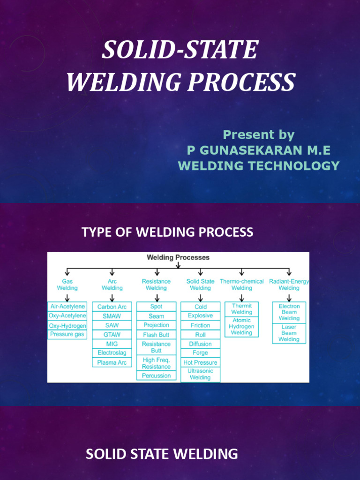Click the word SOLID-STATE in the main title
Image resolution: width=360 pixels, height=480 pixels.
pyautogui.click(x=180, y=50)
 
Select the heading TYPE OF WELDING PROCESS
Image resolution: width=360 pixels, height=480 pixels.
pyautogui.click(x=167, y=232)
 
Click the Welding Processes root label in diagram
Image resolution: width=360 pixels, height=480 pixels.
pyautogui.click(x=178, y=257)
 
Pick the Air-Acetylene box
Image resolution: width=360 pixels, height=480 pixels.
pyautogui.click(x=67, y=306)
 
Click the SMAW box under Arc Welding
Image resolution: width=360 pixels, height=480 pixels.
pyautogui.click(x=112, y=316)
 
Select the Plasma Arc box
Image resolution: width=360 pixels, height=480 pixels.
pyautogui.click(x=112, y=362)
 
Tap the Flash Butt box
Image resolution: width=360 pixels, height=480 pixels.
pyautogui.click(x=156, y=335)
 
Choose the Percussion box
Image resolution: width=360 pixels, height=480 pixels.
pyautogui.click(x=156, y=375)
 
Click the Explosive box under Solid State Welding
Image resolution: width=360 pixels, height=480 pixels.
pyautogui.click(x=200, y=315)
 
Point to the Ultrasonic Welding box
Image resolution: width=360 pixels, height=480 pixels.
pyautogui.click(x=200, y=374)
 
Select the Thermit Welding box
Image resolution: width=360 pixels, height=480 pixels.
pyautogui.click(x=241, y=308)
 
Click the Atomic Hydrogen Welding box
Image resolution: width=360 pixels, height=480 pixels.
pyautogui.click(x=241, y=326)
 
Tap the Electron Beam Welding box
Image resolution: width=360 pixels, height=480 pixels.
pyautogui.click(x=289, y=312)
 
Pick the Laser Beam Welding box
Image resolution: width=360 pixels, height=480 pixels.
pyautogui.click(x=289, y=333)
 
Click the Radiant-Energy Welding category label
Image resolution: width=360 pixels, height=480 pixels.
pyautogui.click(x=289, y=285)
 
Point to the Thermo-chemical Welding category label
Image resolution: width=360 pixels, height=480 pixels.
pyautogui.click(x=241, y=285)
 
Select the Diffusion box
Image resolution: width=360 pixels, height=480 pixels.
pyautogui.click(x=200, y=344)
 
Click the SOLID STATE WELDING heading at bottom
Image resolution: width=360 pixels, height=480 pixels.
pyautogui.click(x=162, y=454)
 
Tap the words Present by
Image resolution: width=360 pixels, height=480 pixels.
pyautogui.click(x=258, y=135)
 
